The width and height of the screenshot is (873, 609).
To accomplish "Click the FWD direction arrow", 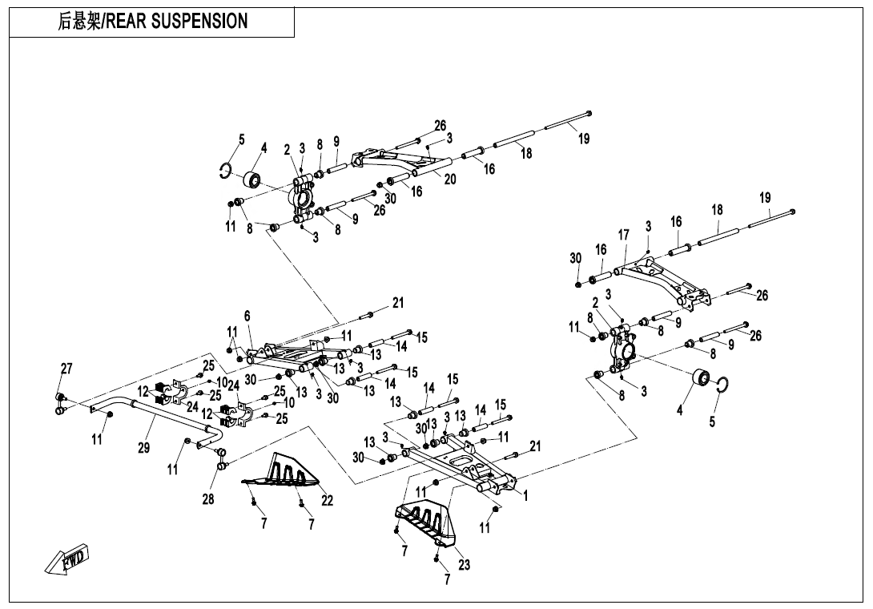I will tap(69, 559).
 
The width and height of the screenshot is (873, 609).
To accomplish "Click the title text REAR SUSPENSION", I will tap(177, 22).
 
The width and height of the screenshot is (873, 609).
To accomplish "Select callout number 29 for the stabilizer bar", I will tap(143, 448).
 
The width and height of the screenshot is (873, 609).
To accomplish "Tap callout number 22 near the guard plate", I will tap(327, 501).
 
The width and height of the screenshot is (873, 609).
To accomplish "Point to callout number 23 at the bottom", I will tap(464, 564).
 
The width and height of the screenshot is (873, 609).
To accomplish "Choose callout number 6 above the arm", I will tap(247, 317).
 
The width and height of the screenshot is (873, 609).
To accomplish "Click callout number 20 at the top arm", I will tap(450, 179).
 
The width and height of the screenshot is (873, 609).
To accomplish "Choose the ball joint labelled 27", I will tap(59, 398).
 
